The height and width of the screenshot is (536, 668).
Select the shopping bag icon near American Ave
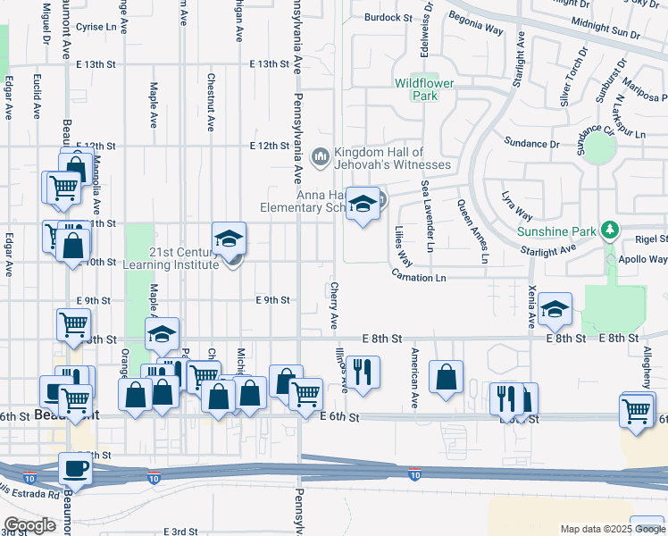pos(446,376)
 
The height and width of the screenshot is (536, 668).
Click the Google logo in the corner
pos(29,526)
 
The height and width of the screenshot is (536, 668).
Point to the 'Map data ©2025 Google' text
pos(612,529)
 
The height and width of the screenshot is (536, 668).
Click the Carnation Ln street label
pos(419,278)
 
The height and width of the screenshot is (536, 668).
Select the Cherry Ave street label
pos(334,306)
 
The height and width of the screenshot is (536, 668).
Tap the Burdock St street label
pos(388,17)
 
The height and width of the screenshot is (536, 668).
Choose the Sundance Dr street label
pos(531,143)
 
